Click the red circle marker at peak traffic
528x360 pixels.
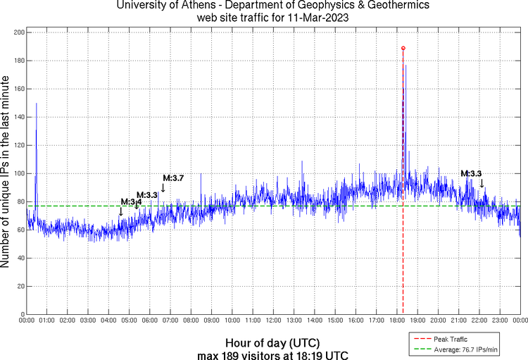[403, 48]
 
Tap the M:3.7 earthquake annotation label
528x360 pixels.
[173, 178]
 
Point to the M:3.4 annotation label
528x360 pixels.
[131, 201]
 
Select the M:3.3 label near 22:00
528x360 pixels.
[471, 173]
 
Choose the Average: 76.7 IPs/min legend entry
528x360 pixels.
[464, 349]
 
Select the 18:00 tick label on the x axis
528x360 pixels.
[396, 320]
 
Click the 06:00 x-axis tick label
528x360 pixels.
[150, 320]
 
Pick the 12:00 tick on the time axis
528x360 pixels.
[273, 320]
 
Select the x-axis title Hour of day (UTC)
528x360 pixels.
[273, 342]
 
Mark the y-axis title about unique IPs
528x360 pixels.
[6, 173]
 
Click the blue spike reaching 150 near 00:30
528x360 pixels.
[36, 104]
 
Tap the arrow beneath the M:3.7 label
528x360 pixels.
[163, 188]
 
